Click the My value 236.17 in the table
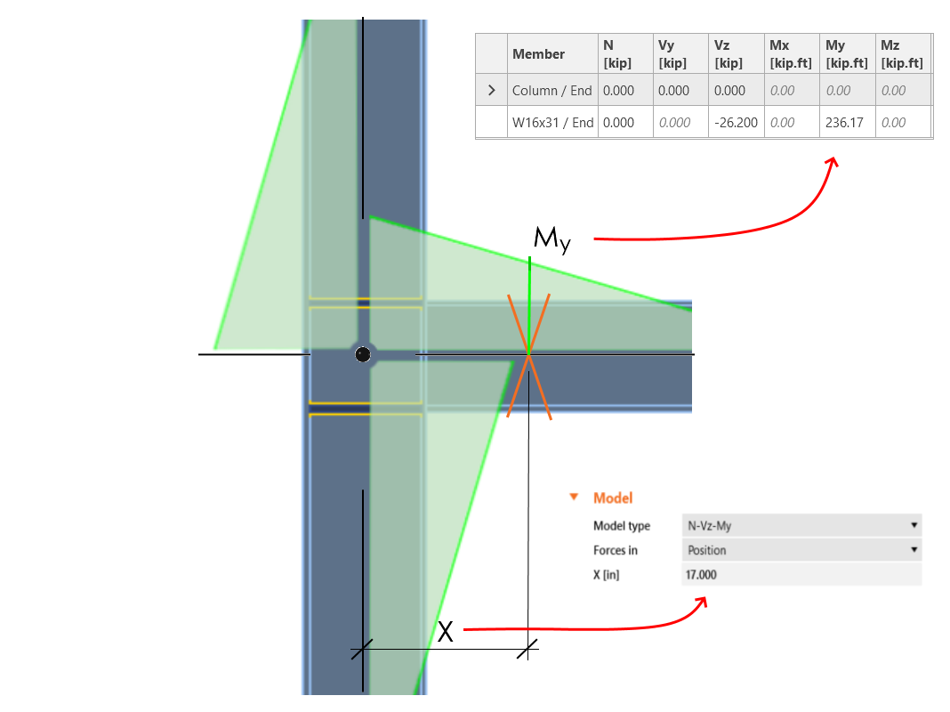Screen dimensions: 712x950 [x=844, y=123]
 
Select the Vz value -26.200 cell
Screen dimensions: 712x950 [x=736, y=123]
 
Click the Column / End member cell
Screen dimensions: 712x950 [x=551, y=90]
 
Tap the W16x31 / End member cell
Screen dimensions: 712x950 [x=552, y=123]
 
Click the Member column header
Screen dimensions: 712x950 [x=538, y=54]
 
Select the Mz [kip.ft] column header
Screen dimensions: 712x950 [x=901, y=54]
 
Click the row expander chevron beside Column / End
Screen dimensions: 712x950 [x=491, y=90]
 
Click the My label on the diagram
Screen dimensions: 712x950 [x=552, y=239]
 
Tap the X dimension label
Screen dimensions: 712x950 [x=446, y=632]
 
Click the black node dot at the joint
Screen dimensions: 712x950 [x=362, y=354]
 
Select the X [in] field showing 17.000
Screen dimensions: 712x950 [x=801, y=574]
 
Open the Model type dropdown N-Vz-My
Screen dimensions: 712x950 [x=801, y=525]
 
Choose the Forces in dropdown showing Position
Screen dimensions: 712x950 [x=801, y=550]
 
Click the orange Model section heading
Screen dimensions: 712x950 [x=613, y=498]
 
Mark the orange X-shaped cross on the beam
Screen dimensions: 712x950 [x=528, y=356]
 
